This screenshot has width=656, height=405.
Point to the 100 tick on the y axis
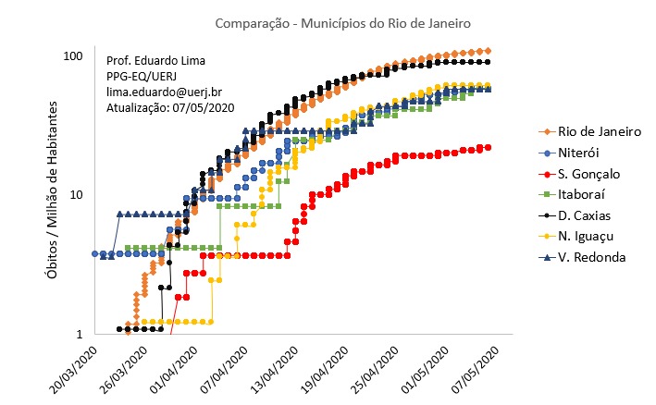[x=72, y=55]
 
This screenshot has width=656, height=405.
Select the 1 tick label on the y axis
[x=80, y=334]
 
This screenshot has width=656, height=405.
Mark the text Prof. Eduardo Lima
[x=156, y=61]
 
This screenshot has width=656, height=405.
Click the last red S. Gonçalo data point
[x=488, y=147]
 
